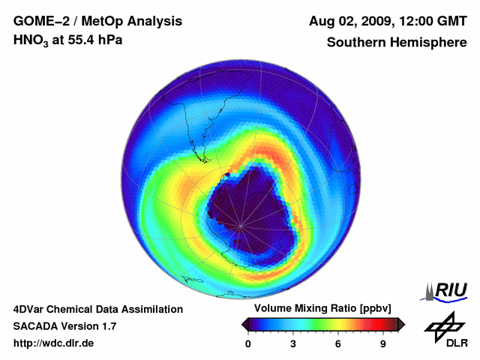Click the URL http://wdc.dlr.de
tap(54, 343)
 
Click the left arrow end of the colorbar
tap(245, 324)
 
